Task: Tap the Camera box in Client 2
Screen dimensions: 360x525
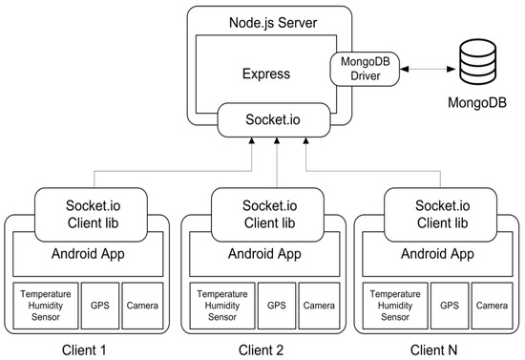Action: click(x=318, y=306)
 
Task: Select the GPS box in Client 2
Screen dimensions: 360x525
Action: click(x=276, y=306)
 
